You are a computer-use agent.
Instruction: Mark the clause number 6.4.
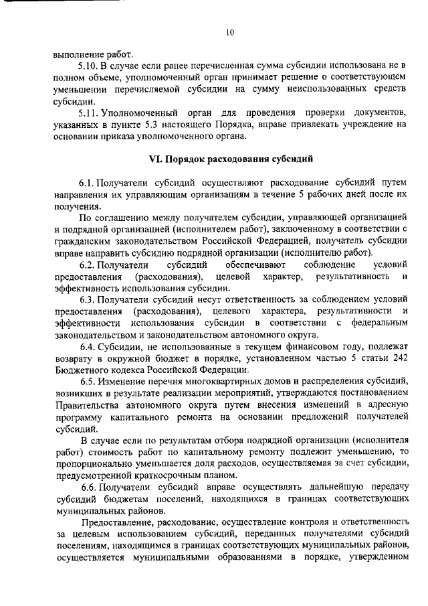tap(88, 348)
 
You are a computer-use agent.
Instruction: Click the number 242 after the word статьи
tap(399, 359)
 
